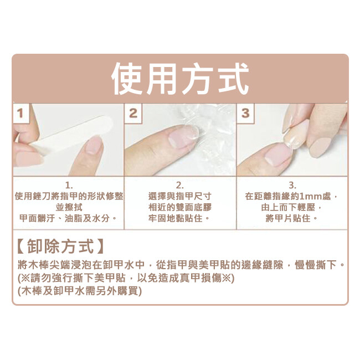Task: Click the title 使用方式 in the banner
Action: pyautogui.click(x=180, y=79)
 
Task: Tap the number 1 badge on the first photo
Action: pyautogui.click(x=21, y=114)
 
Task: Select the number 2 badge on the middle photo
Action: pyautogui.click(x=133, y=114)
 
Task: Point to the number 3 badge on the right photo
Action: pyautogui.click(x=245, y=114)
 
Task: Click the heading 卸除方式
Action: pyautogui.click(x=60, y=246)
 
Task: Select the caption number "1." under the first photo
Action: pyautogui.click(x=69, y=185)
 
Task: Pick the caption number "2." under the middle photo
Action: pyautogui.click(x=180, y=185)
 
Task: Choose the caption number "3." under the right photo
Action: pyautogui.click(x=292, y=185)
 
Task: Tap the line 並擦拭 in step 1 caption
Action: pyautogui.click(x=69, y=207)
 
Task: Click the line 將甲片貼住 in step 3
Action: pyautogui.click(x=288, y=218)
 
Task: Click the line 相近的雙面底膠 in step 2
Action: pyautogui.click(x=180, y=207)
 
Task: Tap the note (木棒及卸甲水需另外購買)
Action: pyautogui.click(x=80, y=291)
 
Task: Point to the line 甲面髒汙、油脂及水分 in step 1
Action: pyautogui.click(x=64, y=218)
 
